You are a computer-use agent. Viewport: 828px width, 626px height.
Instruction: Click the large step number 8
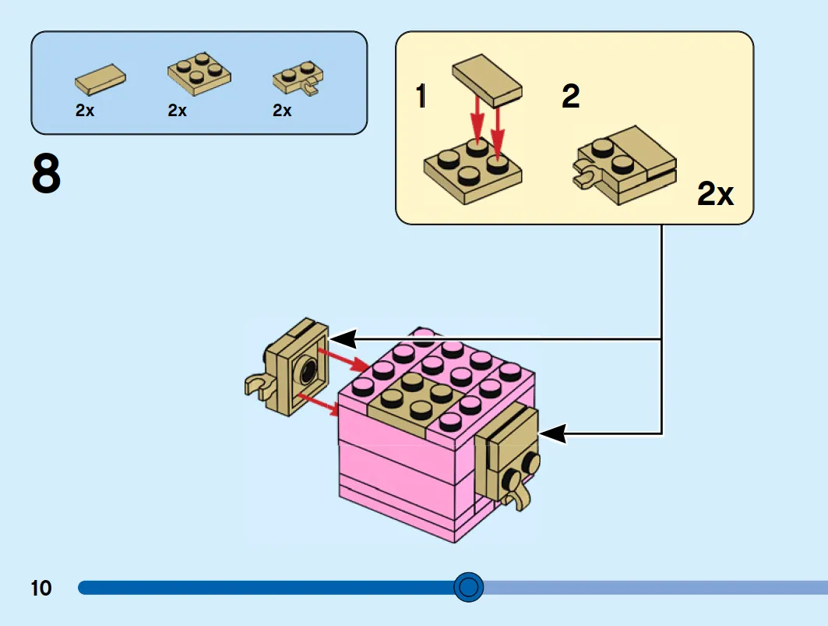(46, 173)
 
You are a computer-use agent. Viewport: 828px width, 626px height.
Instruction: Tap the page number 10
(41, 588)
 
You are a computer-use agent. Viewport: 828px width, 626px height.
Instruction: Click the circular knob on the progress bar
(468, 587)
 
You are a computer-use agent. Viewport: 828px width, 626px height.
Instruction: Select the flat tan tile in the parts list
(100, 80)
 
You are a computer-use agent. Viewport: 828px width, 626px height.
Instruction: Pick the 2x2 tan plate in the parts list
(199, 73)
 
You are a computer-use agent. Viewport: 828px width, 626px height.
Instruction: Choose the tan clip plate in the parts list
(298, 78)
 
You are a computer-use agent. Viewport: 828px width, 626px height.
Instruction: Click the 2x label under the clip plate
(282, 110)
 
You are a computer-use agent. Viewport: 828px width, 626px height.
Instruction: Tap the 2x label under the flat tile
(85, 110)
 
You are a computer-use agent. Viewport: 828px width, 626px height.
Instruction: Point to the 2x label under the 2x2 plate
(178, 110)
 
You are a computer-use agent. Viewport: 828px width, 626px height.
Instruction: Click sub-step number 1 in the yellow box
(421, 96)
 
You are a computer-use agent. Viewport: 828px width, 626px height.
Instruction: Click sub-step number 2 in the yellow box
(570, 96)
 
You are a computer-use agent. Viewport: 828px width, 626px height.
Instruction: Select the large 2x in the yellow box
(716, 193)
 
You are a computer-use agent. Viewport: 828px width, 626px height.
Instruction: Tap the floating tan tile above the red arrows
(487, 80)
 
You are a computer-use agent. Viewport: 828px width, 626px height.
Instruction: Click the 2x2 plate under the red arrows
(473, 172)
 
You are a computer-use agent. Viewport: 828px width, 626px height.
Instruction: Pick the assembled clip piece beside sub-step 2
(624, 165)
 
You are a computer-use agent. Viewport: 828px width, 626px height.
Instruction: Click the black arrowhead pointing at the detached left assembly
(343, 338)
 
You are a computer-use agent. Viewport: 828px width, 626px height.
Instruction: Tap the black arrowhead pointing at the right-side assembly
(552, 434)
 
